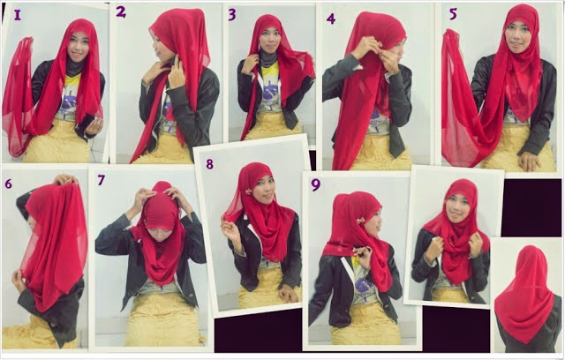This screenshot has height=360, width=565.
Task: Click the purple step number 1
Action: (18, 15)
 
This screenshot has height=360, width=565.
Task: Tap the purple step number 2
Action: (121, 11)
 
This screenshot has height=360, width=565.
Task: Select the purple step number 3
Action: (232, 14)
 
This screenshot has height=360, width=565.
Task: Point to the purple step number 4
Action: (331, 19)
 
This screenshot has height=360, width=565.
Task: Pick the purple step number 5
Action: (453, 14)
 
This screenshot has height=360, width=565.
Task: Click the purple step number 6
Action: (8, 184)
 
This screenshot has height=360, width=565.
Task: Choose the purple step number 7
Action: (102, 180)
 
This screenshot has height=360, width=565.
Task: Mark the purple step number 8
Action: (209, 164)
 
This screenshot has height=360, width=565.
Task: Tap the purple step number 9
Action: (316, 184)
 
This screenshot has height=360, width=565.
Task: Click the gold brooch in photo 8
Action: (249, 191)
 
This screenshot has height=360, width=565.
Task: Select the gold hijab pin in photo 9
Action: (362, 220)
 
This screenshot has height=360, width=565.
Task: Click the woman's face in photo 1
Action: (79, 46)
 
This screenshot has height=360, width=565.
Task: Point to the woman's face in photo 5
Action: (517, 36)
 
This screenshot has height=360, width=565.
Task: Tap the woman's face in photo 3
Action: (270, 41)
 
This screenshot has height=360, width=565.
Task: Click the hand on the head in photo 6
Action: (64, 179)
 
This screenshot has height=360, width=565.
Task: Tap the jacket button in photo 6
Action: (53, 324)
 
